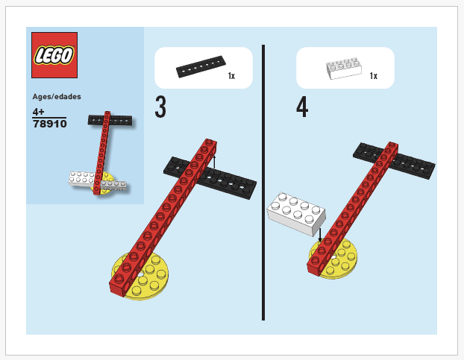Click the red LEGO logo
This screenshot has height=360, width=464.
click(54, 55)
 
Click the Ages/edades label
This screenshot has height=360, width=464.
click(57, 97)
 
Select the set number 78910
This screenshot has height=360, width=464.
click(50, 124)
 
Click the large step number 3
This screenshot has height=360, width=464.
click(160, 107)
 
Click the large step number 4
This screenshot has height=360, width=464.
click(301, 107)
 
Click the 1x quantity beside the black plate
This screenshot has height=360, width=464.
click(231, 76)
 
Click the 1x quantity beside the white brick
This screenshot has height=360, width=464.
click(373, 76)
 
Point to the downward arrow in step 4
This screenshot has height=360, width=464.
click(320, 234)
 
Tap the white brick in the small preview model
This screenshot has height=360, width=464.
click(84, 178)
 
